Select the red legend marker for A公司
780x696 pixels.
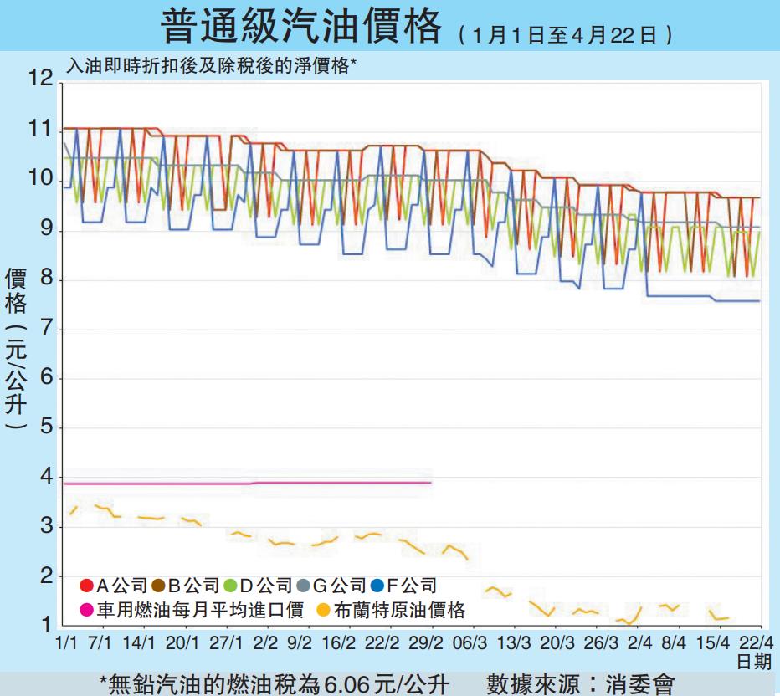click(86, 586)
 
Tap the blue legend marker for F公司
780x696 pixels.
click(377, 586)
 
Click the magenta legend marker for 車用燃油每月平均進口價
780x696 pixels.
click(86, 611)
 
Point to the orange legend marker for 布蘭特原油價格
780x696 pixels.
click(322, 611)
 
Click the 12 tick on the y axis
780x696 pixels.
click(40, 79)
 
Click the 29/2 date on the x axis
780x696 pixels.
click(427, 642)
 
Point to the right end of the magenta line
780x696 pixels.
click(430, 483)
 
